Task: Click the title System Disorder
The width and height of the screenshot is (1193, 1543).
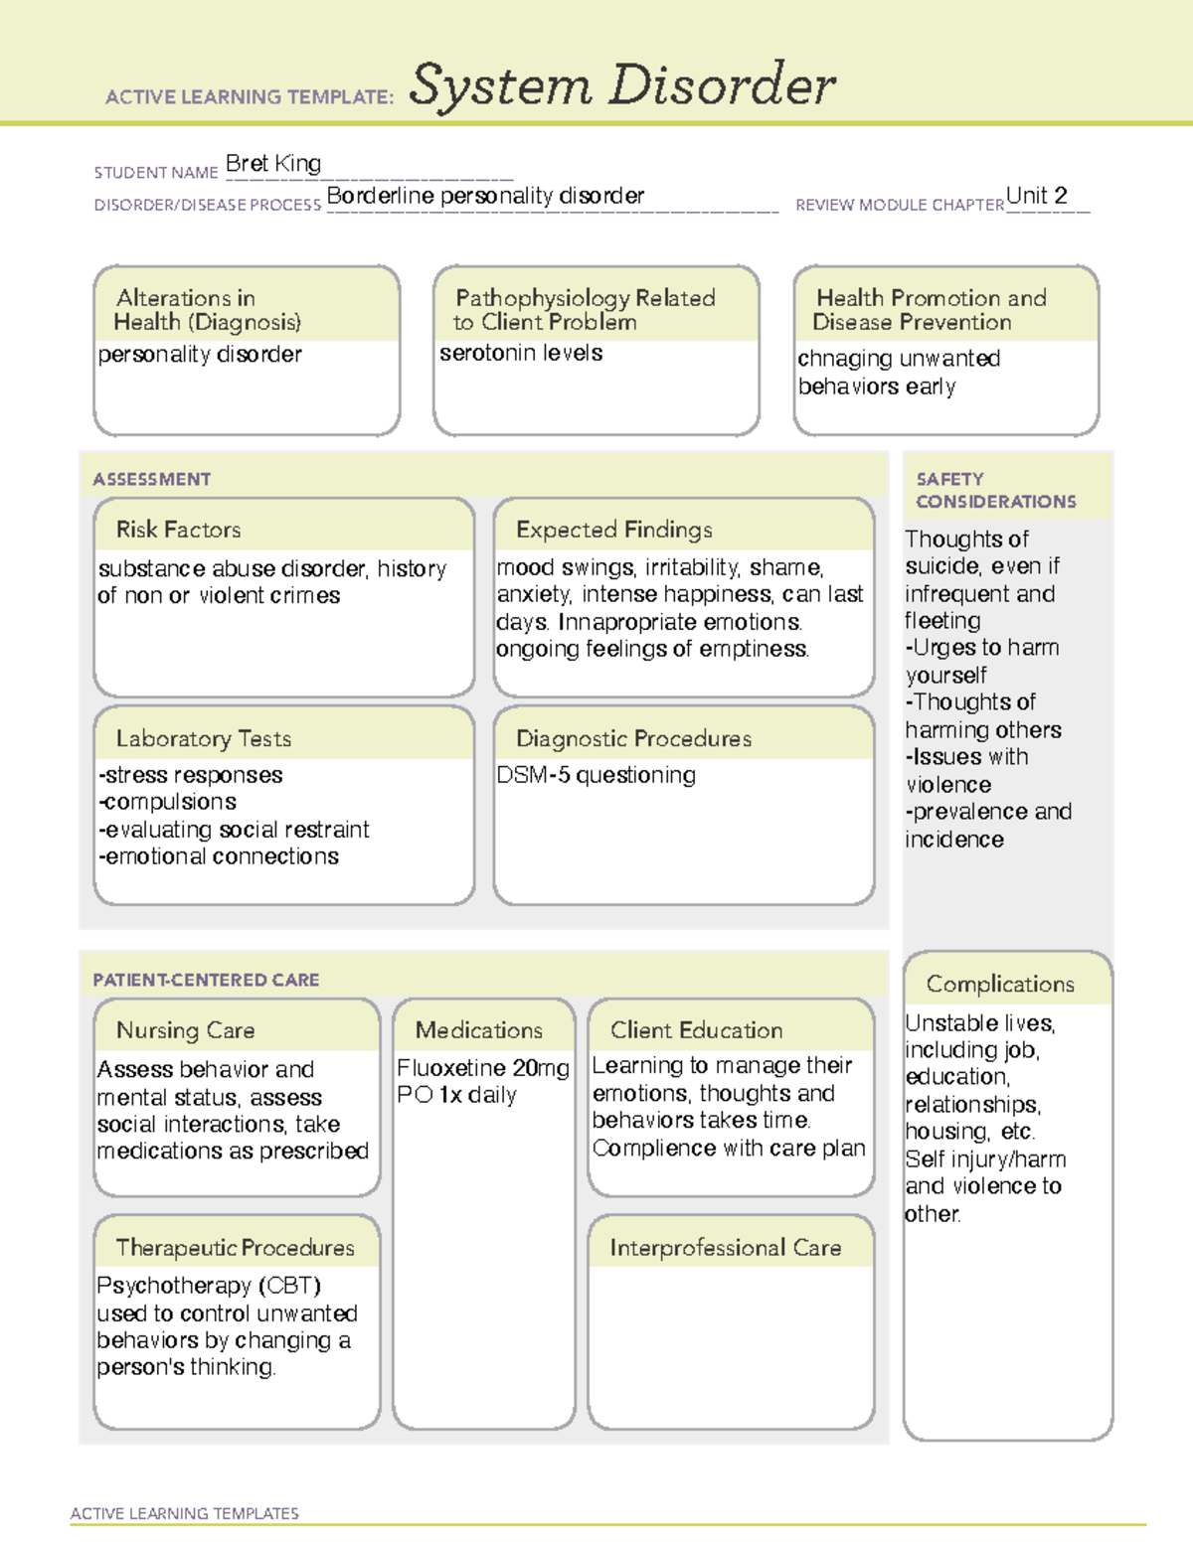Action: (622, 85)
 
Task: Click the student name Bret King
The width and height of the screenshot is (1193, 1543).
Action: (273, 164)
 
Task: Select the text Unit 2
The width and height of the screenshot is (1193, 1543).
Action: (1036, 196)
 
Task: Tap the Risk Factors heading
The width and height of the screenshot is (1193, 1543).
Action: (179, 530)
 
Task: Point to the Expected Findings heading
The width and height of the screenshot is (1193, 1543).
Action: (614, 530)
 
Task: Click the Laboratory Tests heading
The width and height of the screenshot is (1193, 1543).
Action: (204, 738)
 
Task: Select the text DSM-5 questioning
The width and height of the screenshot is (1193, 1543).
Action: (596, 775)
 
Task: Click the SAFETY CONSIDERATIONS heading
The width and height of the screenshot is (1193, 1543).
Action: (995, 491)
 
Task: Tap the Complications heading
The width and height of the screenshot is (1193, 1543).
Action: (1000, 984)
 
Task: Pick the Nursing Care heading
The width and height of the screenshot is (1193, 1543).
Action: (186, 1030)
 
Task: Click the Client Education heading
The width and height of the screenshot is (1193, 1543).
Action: (696, 1030)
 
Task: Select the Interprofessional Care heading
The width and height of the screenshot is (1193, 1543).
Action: (725, 1248)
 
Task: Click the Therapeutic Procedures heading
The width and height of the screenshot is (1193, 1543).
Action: (236, 1248)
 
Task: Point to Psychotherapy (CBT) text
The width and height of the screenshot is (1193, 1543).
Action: (209, 1286)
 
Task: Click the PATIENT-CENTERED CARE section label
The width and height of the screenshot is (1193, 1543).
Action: (206, 980)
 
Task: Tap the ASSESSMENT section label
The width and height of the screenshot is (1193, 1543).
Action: (152, 479)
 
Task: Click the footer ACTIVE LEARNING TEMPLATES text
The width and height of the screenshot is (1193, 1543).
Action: (184, 1513)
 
